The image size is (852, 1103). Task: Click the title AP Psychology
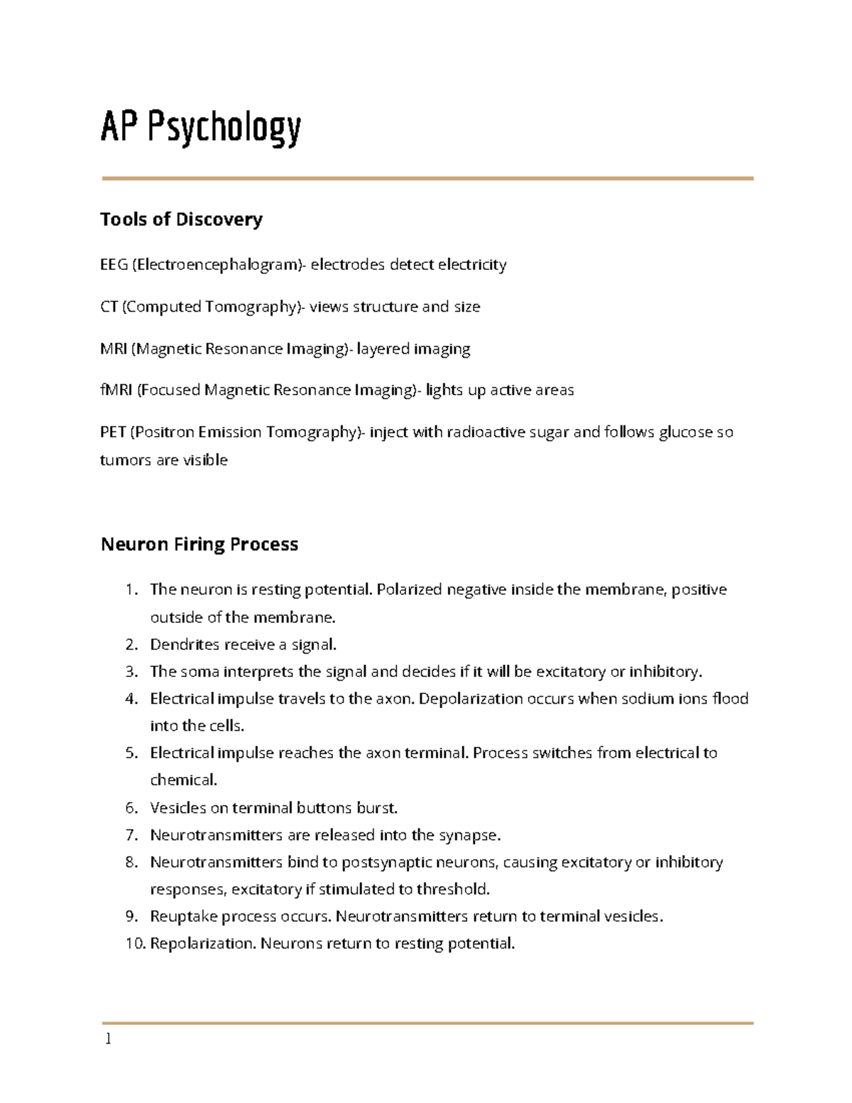[x=201, y=129]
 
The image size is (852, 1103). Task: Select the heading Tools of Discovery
[x=181, y=219]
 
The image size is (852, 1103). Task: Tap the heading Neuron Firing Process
[x=200, y=545]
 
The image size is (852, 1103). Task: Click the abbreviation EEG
[x=114, y=265]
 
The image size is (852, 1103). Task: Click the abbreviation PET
[x=113, y=432]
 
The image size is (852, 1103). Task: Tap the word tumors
[x=126, y=460]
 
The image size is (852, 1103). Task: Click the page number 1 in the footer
[x=108, y=1039]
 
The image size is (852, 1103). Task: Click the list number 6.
[x=131, y=808]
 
